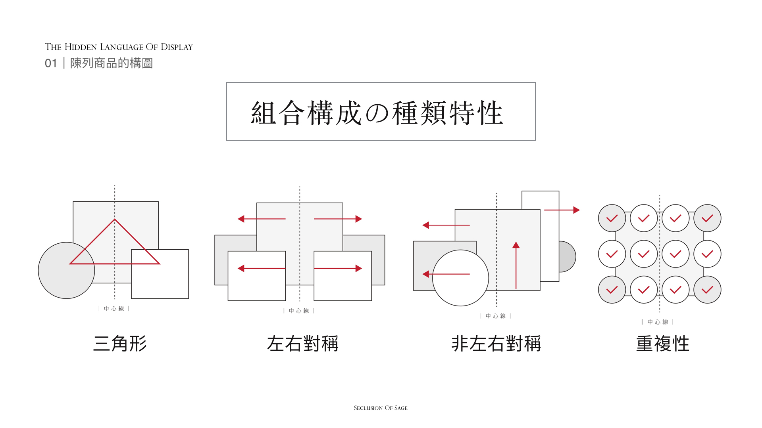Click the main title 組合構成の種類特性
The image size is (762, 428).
(x=377, y=113)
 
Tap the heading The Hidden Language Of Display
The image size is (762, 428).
(x=119, y=47)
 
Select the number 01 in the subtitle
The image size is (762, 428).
(x=51, y=63)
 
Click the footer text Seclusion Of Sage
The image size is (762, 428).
(x=381, y=408)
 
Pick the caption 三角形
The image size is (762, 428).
(x=120, y=343)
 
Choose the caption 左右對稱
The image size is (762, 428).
(x=302, y=343)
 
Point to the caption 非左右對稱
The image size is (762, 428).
(x=496, y=343)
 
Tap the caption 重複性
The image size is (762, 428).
(x=662, y=343)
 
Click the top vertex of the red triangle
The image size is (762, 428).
(x=115, y=220)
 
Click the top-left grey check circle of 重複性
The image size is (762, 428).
(x=612, y=218)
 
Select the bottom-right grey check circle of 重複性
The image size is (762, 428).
(x=707, y=290)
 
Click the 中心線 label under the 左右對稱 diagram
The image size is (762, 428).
(x=299, y=311)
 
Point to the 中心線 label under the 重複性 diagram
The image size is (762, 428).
(x=658, y=322)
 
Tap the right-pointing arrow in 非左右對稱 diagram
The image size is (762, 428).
(x=562, y=210)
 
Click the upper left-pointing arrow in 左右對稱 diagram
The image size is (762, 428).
(x=262, y=219)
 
